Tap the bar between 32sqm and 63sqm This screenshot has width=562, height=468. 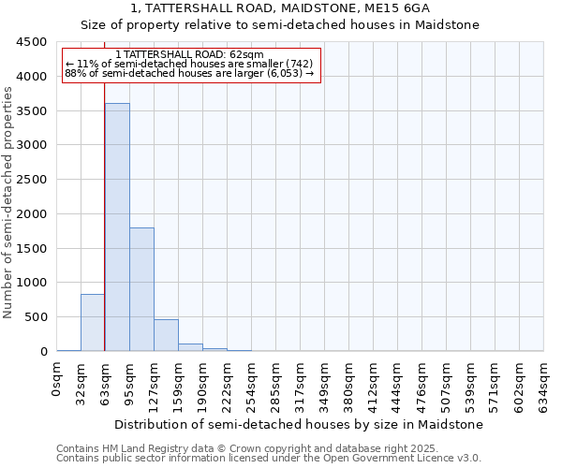[x=93, y=322]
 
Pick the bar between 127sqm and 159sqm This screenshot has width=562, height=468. [x=166, y=335]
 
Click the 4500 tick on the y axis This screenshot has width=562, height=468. [x=31, y=42]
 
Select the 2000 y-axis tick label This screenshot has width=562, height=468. [x=31, y=214]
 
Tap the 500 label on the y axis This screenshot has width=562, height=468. [x=35, y=317]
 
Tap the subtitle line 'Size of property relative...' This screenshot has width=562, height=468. [x=280, y=24]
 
